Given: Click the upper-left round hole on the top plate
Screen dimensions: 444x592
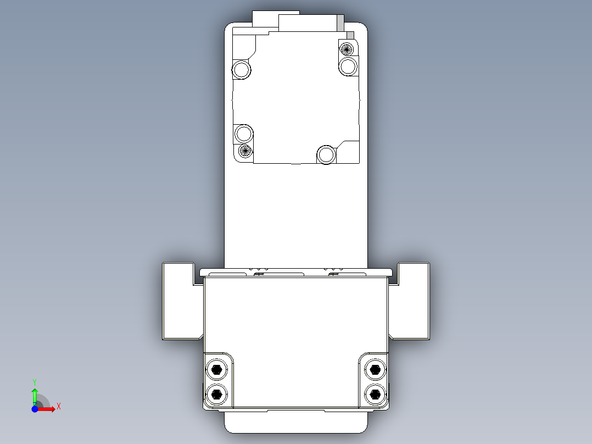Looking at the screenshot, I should coord(242,70).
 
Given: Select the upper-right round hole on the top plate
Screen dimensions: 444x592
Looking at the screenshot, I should coord(348,67).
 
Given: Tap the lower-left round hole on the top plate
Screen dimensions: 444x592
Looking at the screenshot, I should coord(243,133).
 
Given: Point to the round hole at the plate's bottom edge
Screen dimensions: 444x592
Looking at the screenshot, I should coord(326,155).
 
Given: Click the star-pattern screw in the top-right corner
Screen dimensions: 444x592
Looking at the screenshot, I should coord(347,48).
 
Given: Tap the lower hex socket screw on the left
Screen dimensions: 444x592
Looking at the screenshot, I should coord(217,393).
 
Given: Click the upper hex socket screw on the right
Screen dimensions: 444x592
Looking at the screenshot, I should coord(375,369).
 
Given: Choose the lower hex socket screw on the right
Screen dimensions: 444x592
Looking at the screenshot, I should coord(375,393).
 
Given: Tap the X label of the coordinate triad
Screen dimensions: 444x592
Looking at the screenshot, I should coord(59,406).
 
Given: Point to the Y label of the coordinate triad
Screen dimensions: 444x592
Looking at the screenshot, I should coord(34,381).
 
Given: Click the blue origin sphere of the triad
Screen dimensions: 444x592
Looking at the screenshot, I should coord(35,409).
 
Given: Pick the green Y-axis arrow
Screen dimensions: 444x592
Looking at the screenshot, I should coord(35,396).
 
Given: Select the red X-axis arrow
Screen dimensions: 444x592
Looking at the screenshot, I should coord(47,409).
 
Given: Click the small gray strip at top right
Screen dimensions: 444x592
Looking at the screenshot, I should coord(340,23).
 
